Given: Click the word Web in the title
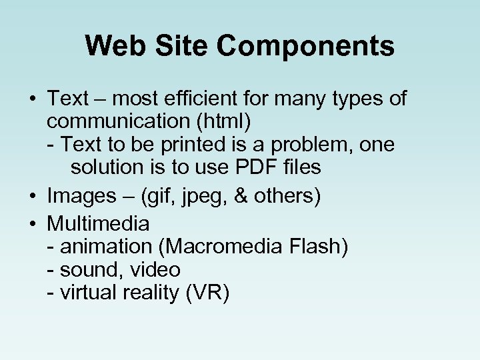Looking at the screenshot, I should point(110,46).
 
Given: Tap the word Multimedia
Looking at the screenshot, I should point(98,223).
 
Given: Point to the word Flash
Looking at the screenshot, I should point(319,247).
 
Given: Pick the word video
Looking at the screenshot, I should point(155,270).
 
